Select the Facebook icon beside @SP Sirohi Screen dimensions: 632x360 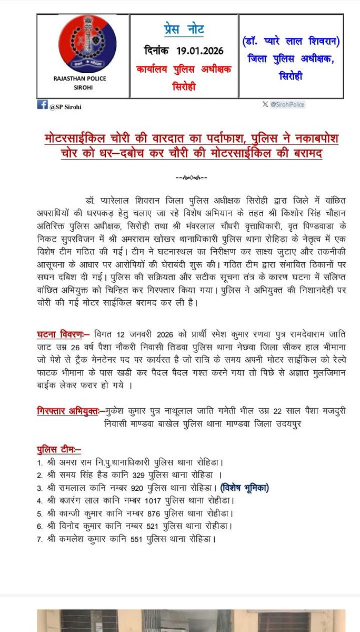tap(43, 105)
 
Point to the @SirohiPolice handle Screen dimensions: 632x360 tap(287, 105)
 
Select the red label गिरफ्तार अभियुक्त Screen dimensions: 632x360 tap(71, 410)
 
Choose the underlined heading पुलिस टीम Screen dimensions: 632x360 tap(58, 449)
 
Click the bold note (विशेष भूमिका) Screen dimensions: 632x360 tap(245, 488)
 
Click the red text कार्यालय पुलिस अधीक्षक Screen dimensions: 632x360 tap(184, 70)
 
